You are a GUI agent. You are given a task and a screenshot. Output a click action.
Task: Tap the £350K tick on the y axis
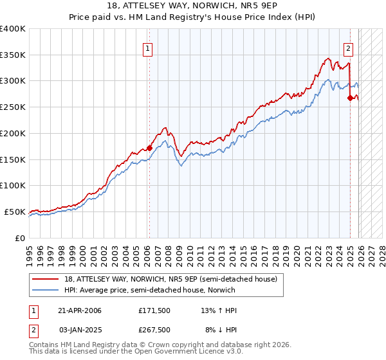pyautogui.click(x=13, y=55)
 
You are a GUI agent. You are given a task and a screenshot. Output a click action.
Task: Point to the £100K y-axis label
pyautogui.click(x=13, y=185)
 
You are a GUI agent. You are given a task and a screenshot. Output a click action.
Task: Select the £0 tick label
pyautogui.click(x=20, y=238)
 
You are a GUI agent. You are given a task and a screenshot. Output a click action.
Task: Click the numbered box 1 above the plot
pyautogui.click(x=149, y=48)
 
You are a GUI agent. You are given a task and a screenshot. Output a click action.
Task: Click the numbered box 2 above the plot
pyautogui.click(x=348, y=48)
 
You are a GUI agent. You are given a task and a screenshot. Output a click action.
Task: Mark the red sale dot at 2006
pyautogui.click(x=149, y=148)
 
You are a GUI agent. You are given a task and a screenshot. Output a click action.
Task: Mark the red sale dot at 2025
pyautogui.click(x=351, y=98)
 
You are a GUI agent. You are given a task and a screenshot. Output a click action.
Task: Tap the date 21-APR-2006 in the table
pyautogui.click(x=80, y=310)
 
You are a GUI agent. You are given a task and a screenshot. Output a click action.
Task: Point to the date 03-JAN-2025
pyautogui.click(x=80, y=330)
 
